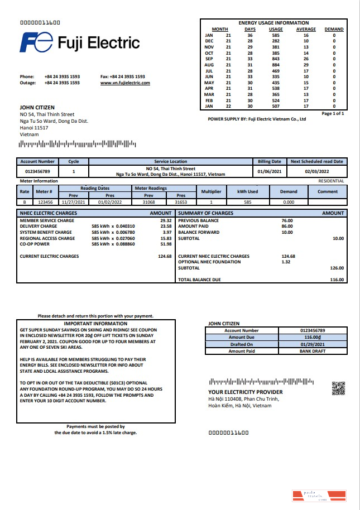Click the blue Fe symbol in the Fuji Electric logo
pyautogui.click(x=36, y=42)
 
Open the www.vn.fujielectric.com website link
pyautogui.click(x=125, y=83)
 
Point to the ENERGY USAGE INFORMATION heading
pyautogui.click(x=273, y=23)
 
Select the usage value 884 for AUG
pyautogui.click(x=275, y=65)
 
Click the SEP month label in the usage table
pyautogui.click(x=209, y=59)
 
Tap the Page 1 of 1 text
pyautogui.click(x=333, y=113)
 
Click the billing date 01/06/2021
pyautogui.click(x=270, y=171)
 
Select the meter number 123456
pyautogui.click(x=45, y=202)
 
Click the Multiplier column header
pyautogui.click(x=211, y=191)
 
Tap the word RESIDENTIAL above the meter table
pyautogui.click(x=331, y=181)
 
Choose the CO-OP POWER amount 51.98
pyautogui.click(x=165, y=244)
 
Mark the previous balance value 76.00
pyautogui.click(x=287, y=220)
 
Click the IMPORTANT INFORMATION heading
pyautogui.click(x=95, y=324)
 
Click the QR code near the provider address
pyautogui.click(x=338, y=388)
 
